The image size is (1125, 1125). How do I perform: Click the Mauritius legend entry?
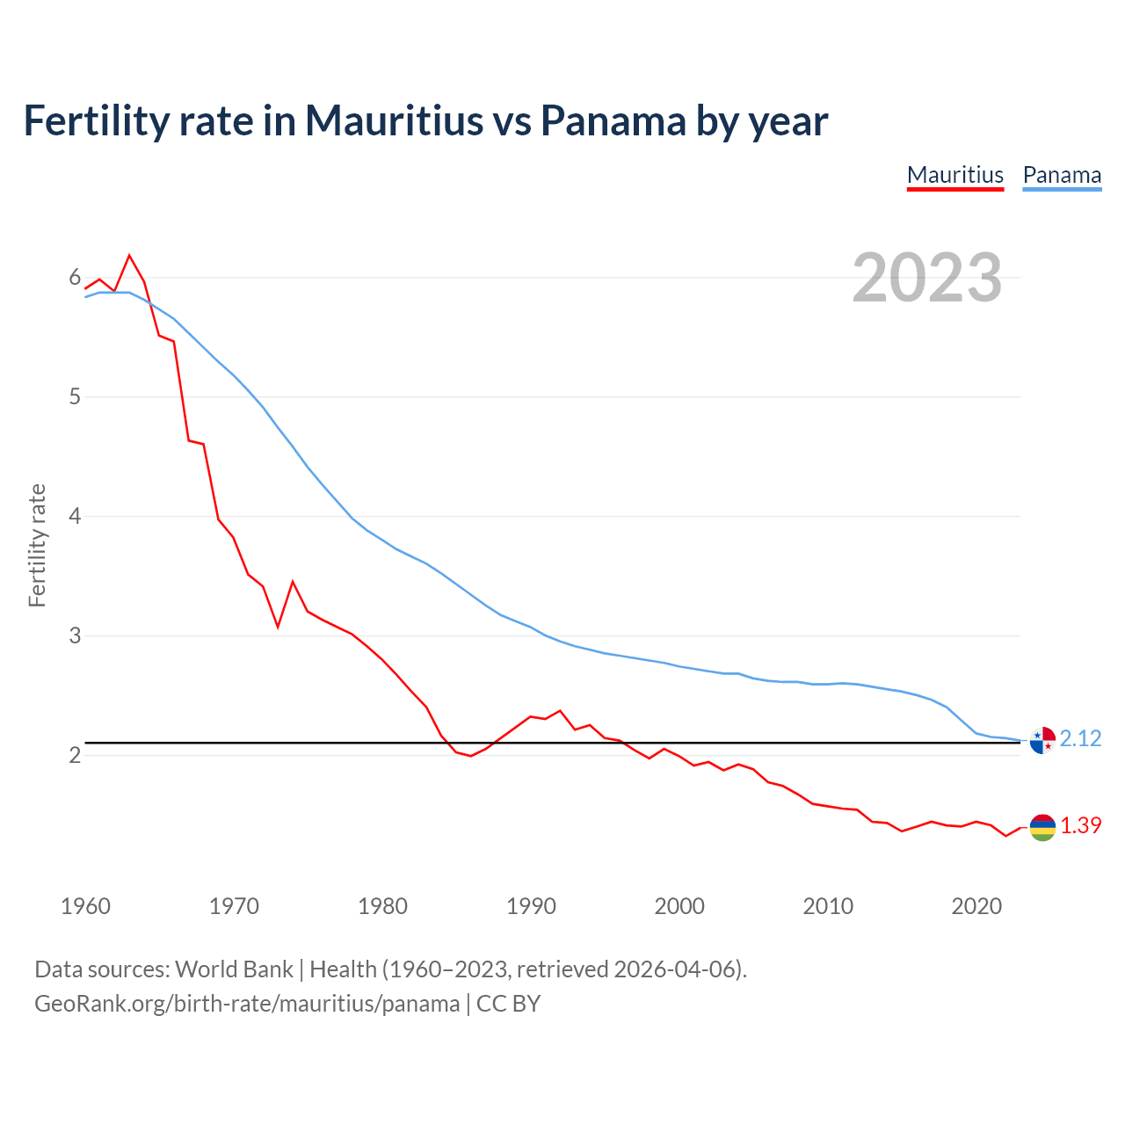tap(954, 175)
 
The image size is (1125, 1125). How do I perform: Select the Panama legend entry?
tap(1062, 175)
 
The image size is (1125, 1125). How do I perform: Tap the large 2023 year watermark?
tap(926, 278)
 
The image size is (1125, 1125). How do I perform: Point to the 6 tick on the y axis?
tap(75, 278)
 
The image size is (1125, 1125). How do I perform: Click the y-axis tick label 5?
tap(75, 396)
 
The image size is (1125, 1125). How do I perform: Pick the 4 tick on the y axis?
tap(75, 516)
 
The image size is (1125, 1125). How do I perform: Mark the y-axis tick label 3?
tap(75, 635)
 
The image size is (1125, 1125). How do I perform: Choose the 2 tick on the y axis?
tap(75, 755)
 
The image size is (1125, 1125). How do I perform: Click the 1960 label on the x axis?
tap(85, 906)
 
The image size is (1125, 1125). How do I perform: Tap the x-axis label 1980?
tap(382, 906)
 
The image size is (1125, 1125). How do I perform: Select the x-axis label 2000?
tap(679, 906)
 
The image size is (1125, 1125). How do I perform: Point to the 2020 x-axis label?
tap(976, 906)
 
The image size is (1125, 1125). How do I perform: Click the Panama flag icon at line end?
tap(1042, 740)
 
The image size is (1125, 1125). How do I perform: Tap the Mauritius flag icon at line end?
tap(1042, 827)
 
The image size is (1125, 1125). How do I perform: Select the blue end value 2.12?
tap(1080, 738)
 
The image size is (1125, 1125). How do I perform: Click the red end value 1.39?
tap(1080, 825)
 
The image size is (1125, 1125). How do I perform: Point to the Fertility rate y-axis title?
tap(37, 545)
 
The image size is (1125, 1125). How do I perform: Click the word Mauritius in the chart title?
tap(394, 120)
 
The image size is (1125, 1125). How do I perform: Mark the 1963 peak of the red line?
tap(129, 256)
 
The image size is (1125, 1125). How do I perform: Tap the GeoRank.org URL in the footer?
tap(247, 1004)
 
